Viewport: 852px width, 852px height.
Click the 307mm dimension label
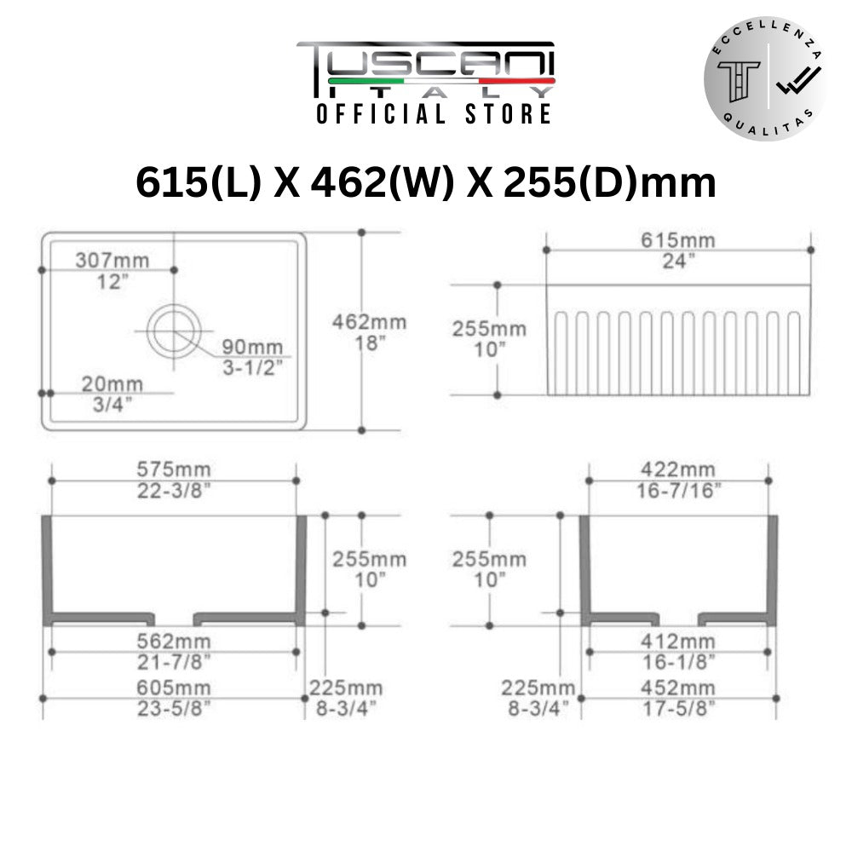click(x=112, y=260)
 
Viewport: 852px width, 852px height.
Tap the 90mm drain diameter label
click(x=252, y=347)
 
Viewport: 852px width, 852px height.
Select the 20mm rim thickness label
click(x=112, y=384)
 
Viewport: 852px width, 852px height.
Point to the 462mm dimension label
click(x=370, y=322)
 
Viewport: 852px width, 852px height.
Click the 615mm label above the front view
click(x=677, y=240)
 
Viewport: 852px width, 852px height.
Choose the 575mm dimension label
click(x=173, y=469)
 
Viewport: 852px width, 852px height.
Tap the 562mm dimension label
click(x=173, y=642)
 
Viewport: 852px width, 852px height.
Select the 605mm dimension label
click(x=173, y=688)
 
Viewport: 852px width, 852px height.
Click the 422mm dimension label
click(x=677, y=469)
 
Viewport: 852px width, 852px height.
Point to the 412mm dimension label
click(x=677, y=642)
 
